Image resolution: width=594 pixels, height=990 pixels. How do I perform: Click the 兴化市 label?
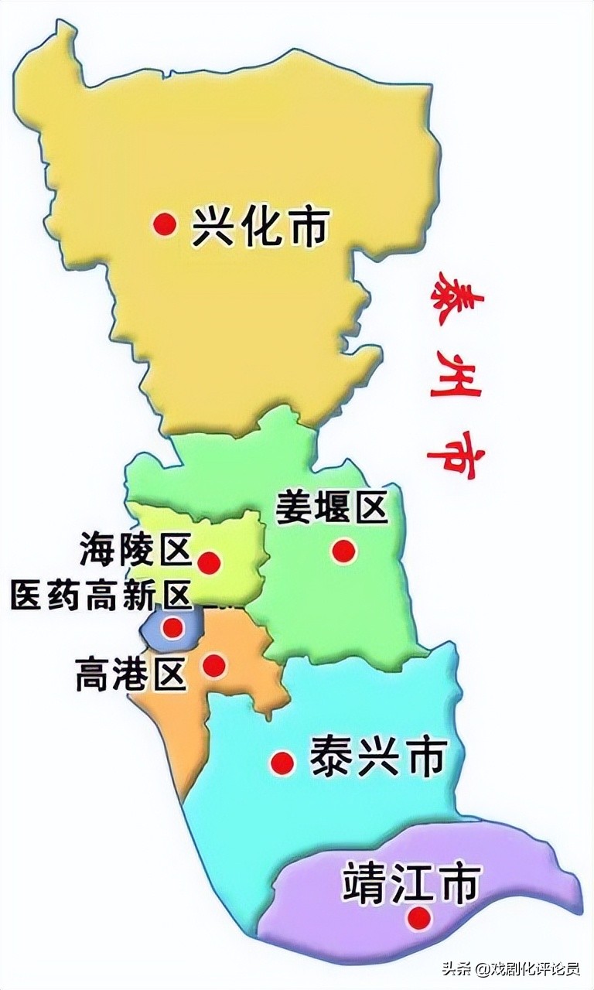coord(261,226)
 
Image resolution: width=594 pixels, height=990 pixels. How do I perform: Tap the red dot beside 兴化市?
coord(164,225)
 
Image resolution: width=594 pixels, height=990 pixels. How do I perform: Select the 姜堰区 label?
coord(331,509)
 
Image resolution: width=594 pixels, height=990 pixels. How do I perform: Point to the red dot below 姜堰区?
coord(343,551)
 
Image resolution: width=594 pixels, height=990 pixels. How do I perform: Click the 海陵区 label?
coord(135,550)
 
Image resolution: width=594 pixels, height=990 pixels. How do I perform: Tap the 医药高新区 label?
coord(101,596)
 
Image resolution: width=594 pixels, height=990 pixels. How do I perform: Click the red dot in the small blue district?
coord(173,627)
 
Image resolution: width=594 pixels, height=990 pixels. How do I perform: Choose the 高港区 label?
coord(131,674)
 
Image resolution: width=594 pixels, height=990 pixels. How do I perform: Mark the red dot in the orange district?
coord(214,664)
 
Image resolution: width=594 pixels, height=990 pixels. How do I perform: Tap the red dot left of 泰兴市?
coord(282,763)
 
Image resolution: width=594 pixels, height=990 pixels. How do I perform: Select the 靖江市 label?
coord(411,883)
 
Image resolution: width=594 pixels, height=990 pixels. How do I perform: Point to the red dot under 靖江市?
coord(419,918)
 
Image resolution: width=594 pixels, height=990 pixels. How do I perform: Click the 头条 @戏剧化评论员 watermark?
coord(510,968)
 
